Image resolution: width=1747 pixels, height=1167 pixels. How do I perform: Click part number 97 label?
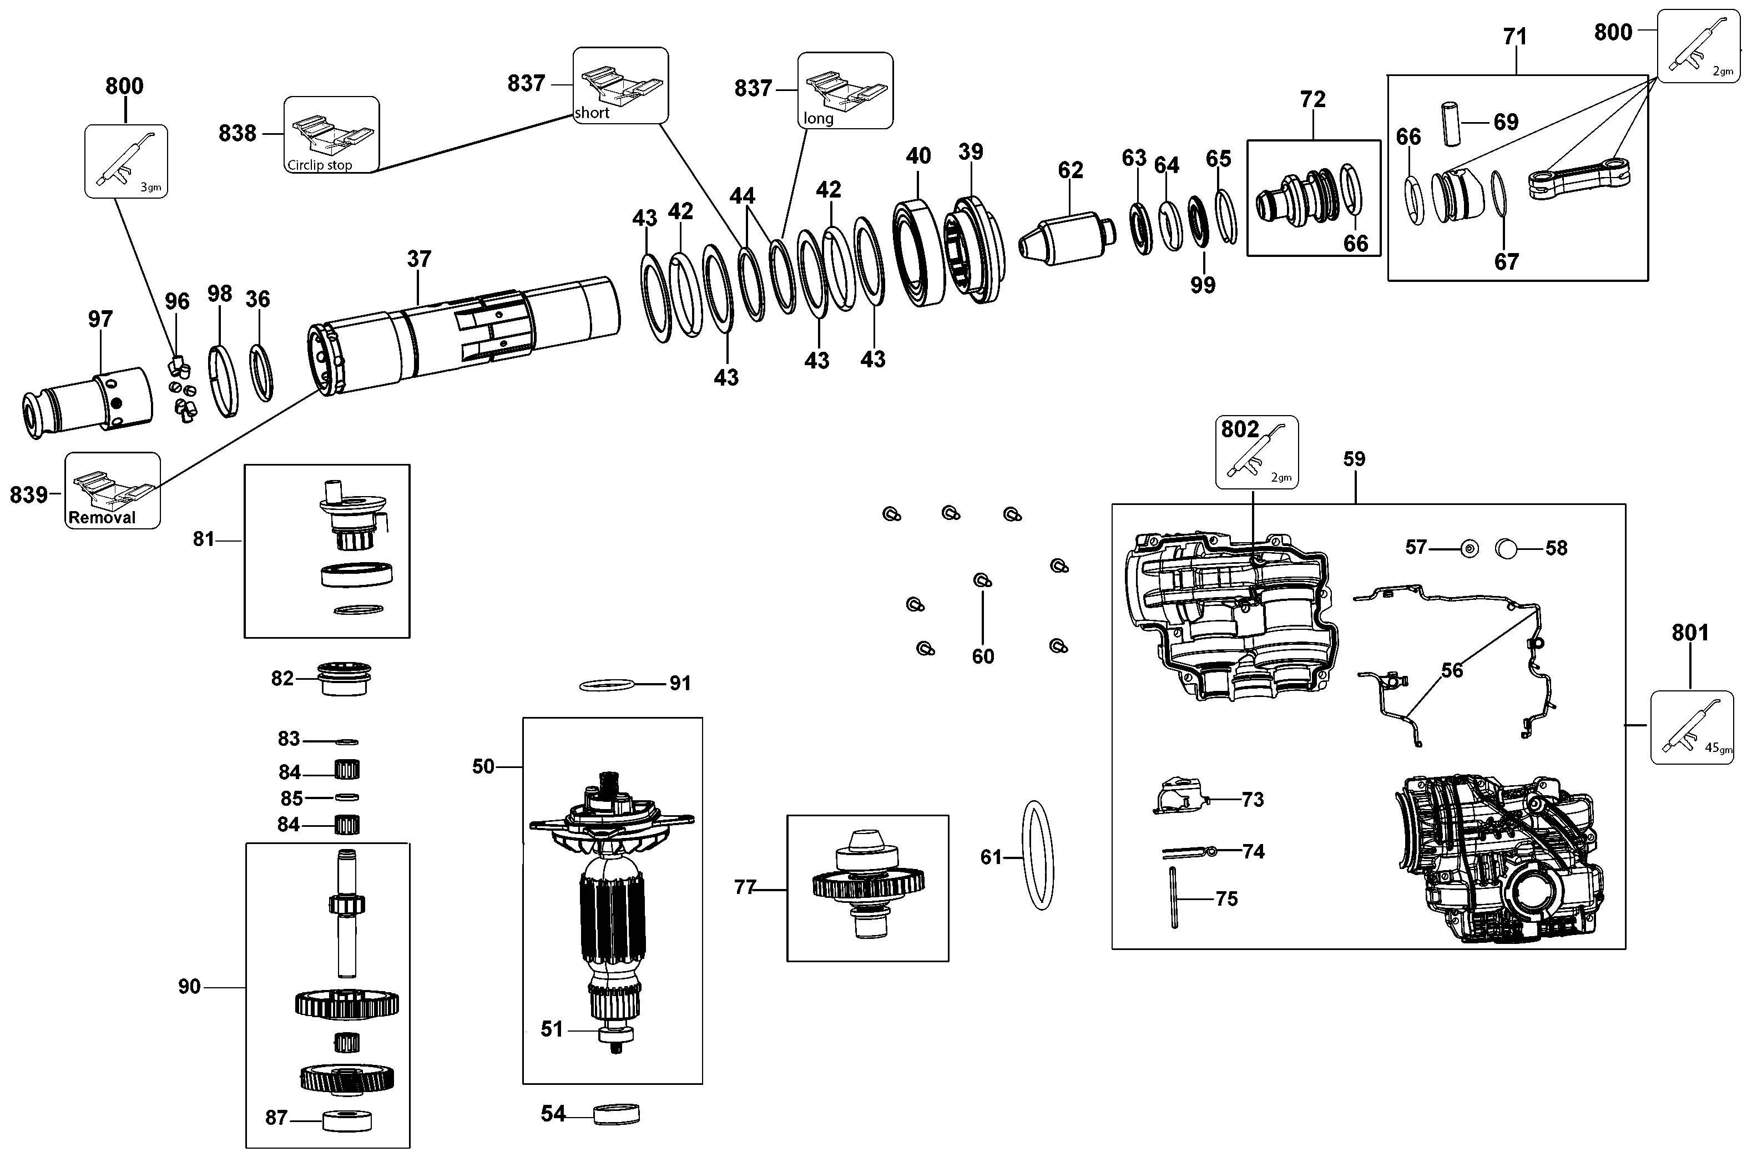(100, 319)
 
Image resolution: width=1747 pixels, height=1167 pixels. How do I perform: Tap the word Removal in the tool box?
(102, 518)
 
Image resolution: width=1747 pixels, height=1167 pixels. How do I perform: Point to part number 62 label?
(1071, 170)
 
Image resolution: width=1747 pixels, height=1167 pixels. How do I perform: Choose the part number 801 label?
(1690, 633)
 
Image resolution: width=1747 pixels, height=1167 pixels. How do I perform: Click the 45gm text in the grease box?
(1718, 748)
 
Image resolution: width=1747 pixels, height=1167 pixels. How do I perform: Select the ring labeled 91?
(607, 685)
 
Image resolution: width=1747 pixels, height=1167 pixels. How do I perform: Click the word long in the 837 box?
(818, 118)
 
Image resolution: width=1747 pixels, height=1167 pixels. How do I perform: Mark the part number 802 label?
(1240, 430)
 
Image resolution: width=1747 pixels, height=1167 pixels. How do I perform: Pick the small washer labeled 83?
(347, 742)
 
